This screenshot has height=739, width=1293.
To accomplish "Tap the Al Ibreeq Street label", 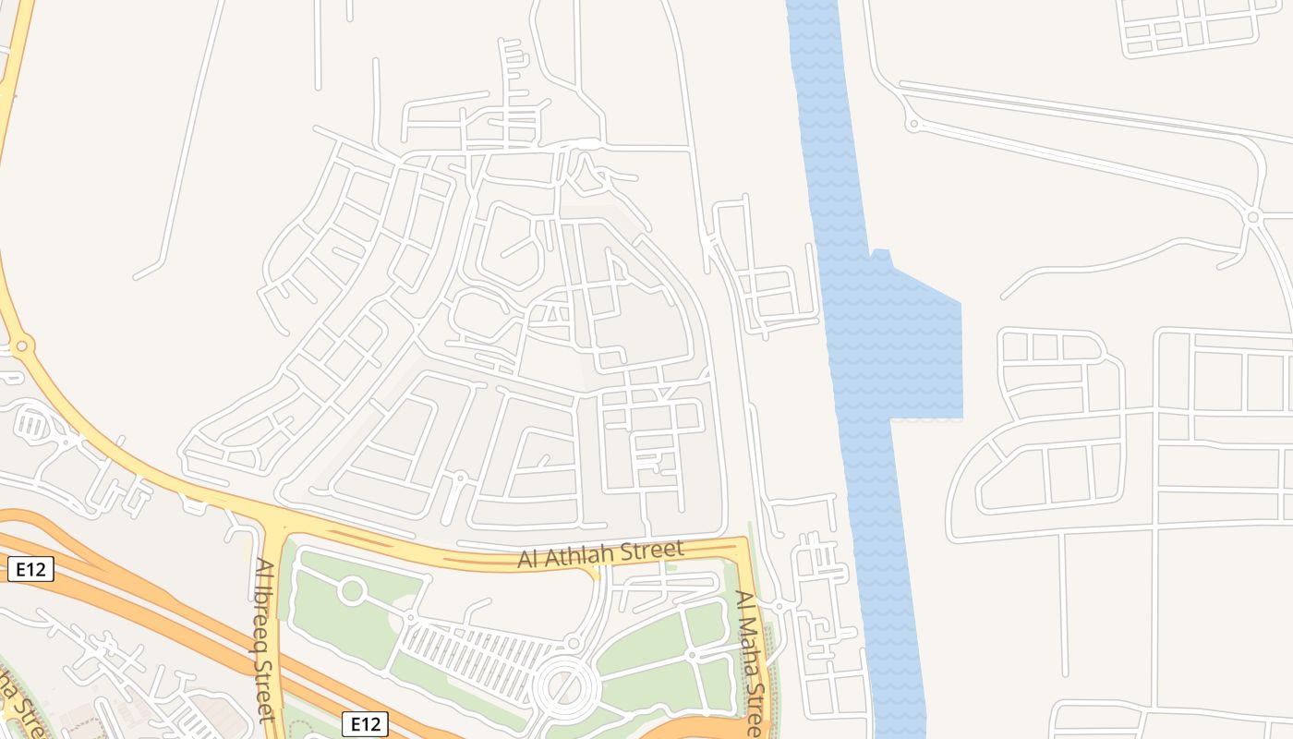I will coord(265,637).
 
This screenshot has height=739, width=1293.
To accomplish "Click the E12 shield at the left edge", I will coord(30,570).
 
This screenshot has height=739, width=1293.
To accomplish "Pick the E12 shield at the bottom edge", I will coord(365,724).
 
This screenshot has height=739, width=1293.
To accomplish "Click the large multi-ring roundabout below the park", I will coord(563,687).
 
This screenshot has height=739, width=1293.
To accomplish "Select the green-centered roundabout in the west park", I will coord(351,590).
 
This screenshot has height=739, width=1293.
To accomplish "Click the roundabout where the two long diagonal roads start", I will coord(912,123).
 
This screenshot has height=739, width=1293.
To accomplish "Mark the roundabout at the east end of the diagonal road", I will coord(1252,218).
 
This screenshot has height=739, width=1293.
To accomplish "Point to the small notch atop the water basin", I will coord(881,253).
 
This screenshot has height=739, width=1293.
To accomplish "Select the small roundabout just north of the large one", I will coord(574,643).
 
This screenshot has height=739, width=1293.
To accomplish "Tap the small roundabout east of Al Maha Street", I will coord(779,606).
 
